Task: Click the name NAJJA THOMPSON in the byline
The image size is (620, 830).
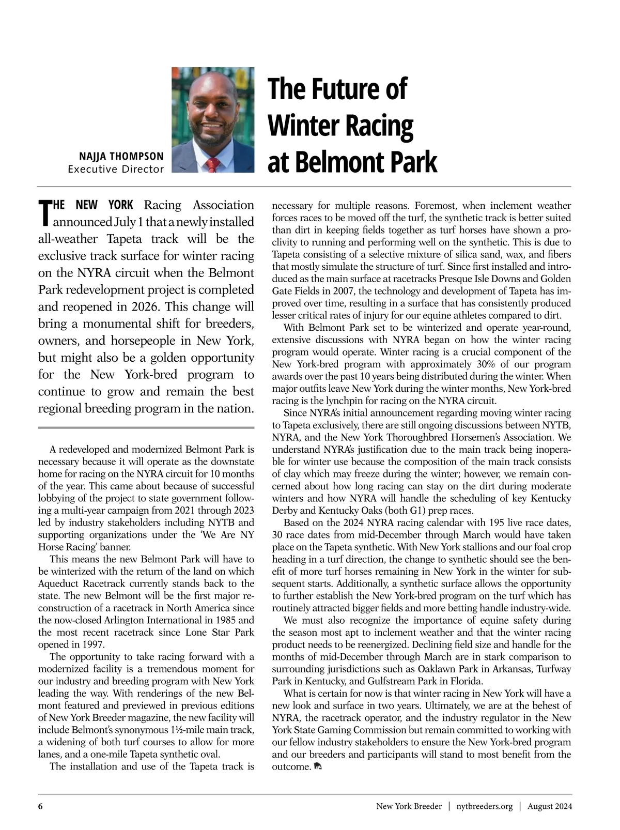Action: coord(121,156)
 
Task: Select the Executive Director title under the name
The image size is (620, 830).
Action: coord(116,169)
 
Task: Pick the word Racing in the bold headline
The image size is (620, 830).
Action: coord(383,126)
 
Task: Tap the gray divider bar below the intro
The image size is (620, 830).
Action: coord(146,427)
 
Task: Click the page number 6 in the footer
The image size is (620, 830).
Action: coord(40,806)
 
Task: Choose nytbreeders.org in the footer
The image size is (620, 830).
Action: coord(484,806)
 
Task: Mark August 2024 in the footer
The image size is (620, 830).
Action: coord(549,806)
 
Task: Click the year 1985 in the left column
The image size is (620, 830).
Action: coord(227,620)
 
